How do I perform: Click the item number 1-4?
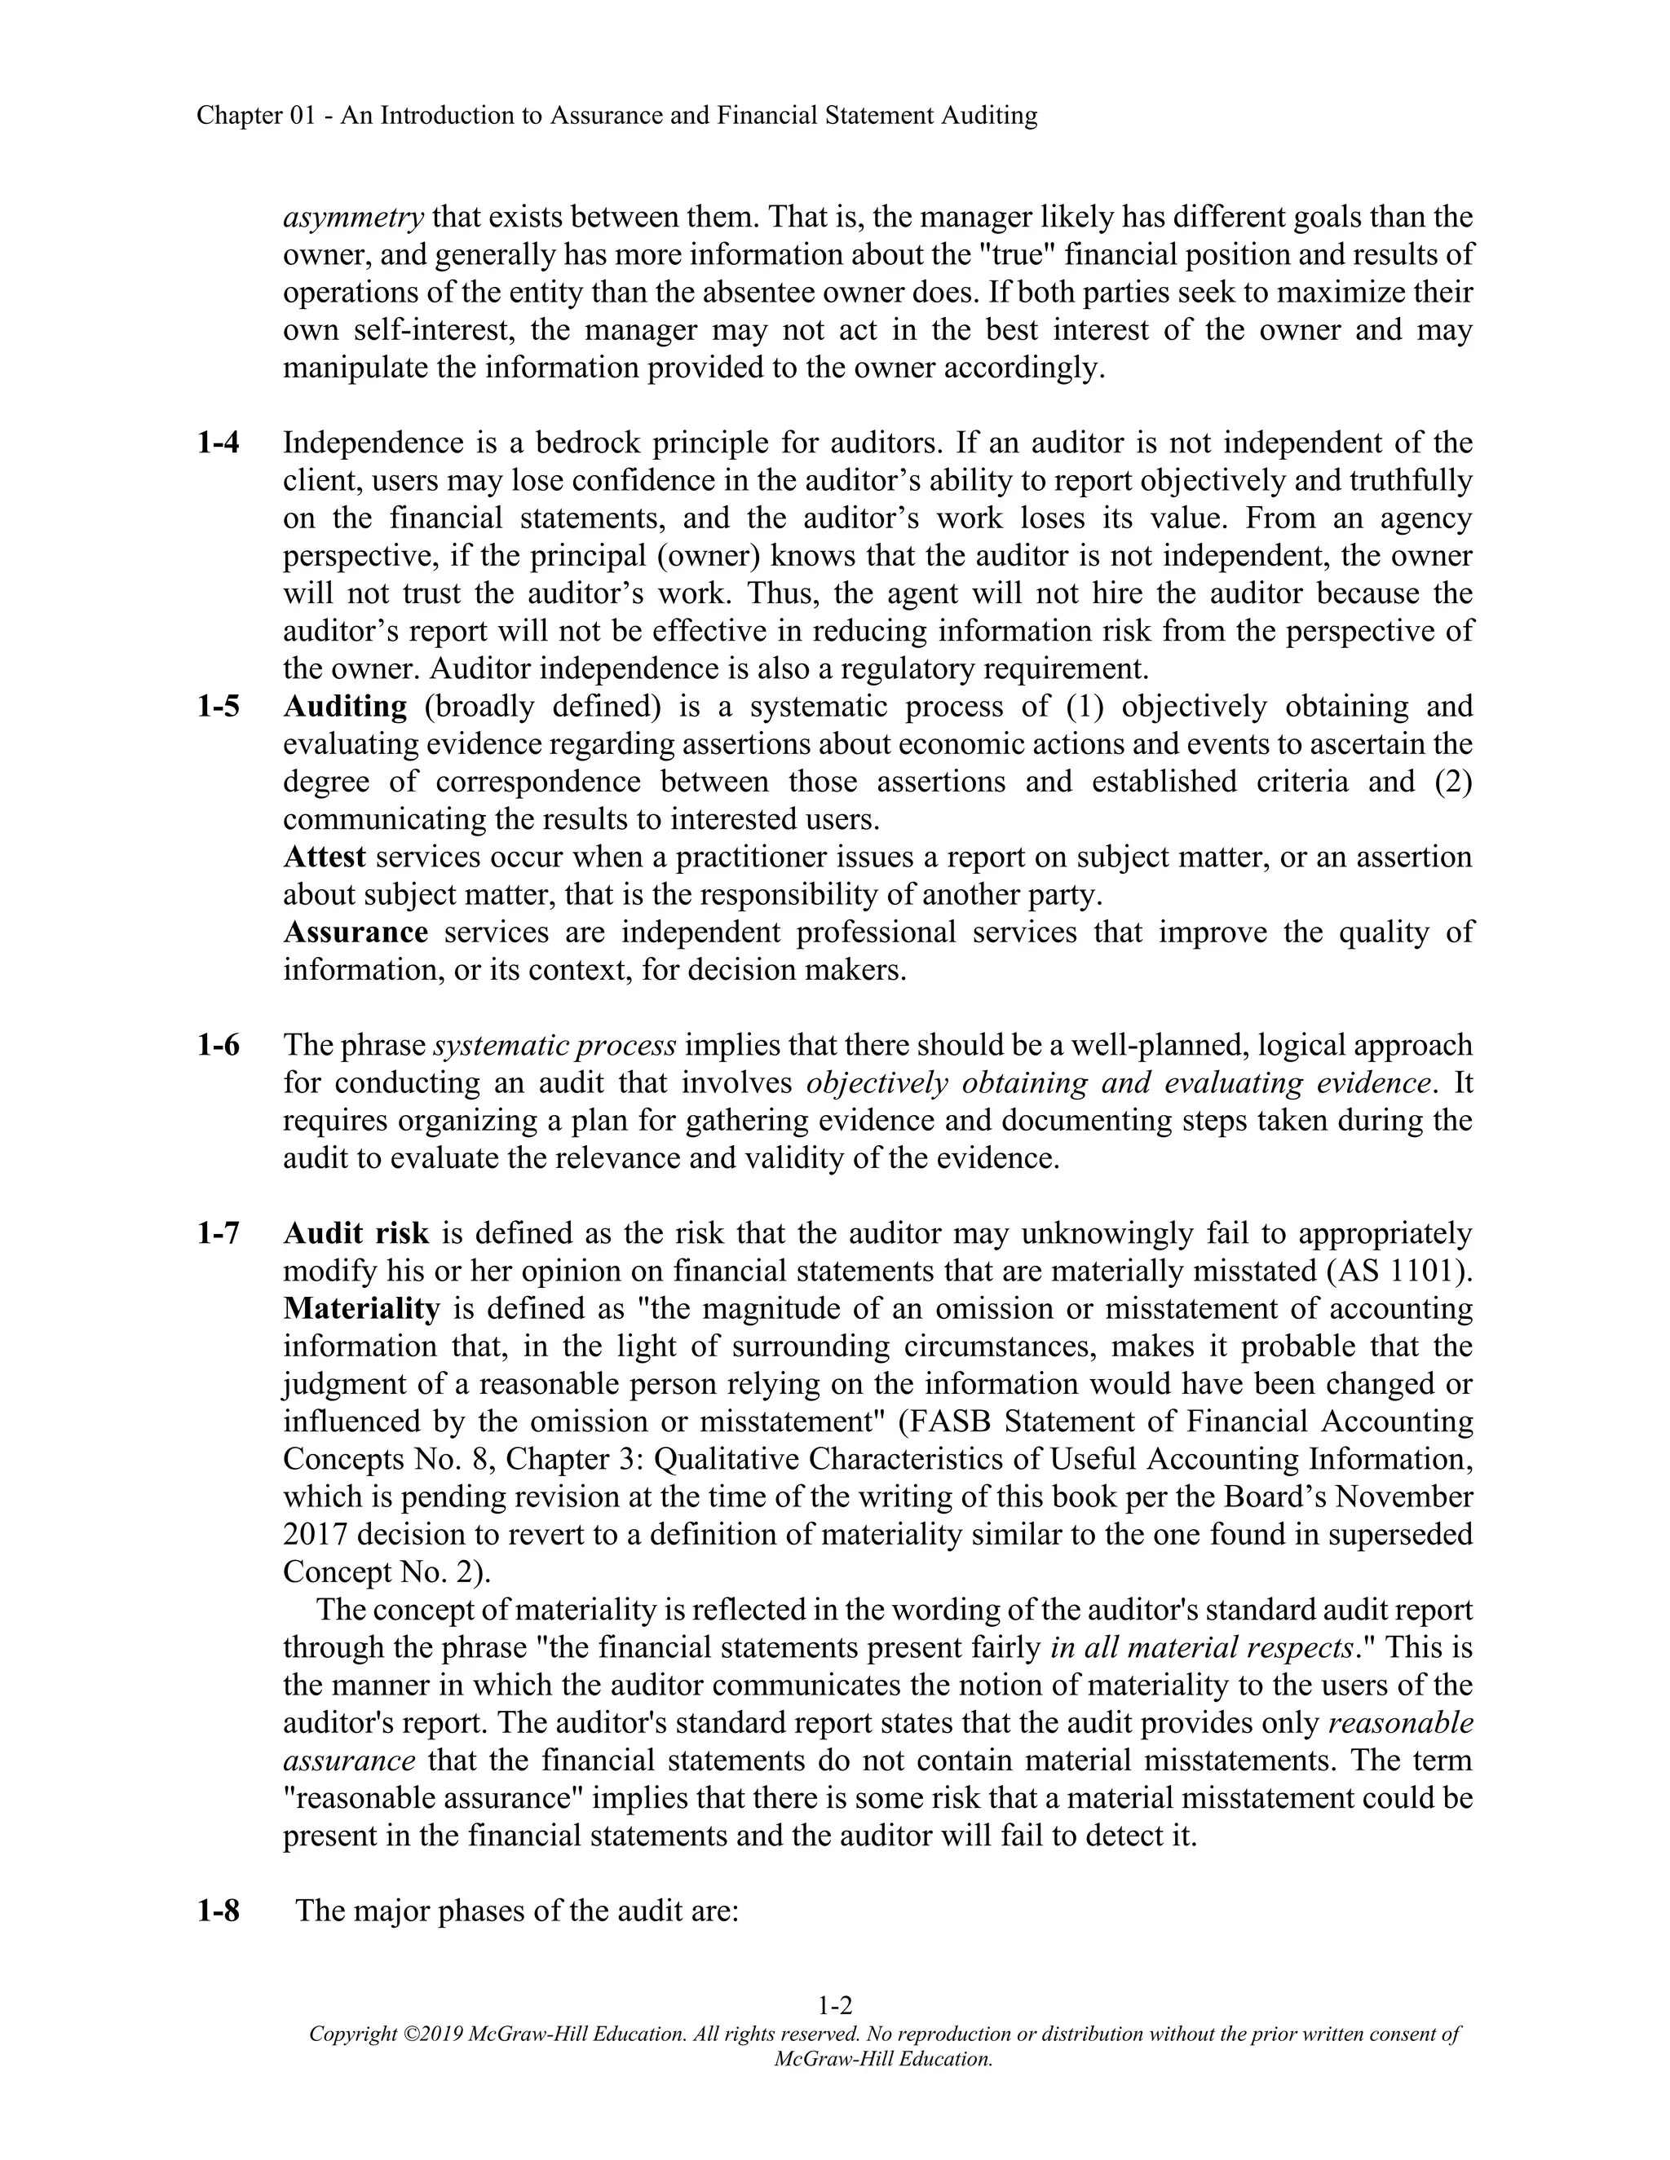coord(218,442)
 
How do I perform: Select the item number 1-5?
coord(218,706)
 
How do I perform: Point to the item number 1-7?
coord(218,1233)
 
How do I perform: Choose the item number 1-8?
coord(218,1910)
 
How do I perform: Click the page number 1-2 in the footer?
coord(835,2006)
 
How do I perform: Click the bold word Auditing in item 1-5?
coord(344,706)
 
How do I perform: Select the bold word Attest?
coord(325,857)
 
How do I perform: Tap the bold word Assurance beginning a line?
coord(356,932)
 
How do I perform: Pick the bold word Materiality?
coord(361,1308)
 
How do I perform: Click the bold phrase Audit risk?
coord(356,1233)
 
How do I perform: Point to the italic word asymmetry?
coord(353,217)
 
